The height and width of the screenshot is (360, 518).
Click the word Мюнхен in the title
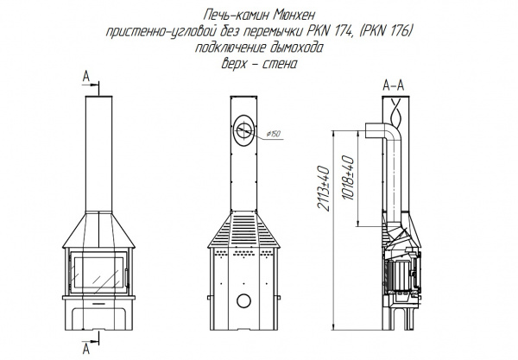[294, 16]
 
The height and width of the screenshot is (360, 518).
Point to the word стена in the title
[280, 64]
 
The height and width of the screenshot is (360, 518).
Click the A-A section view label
[393, 85]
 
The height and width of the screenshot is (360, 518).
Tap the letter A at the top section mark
[85, 77]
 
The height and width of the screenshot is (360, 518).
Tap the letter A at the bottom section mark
[85, 349]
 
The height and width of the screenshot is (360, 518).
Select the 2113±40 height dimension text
[323, 188]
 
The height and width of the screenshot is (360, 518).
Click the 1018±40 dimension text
[349, 178]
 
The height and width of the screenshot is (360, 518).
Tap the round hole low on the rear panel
[243, 301]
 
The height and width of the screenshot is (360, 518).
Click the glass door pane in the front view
[98, 273]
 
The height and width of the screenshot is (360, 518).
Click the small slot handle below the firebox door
[98, 303]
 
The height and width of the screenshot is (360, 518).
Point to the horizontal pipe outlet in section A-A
[376, 130]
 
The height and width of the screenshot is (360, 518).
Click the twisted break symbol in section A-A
[395, 113]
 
